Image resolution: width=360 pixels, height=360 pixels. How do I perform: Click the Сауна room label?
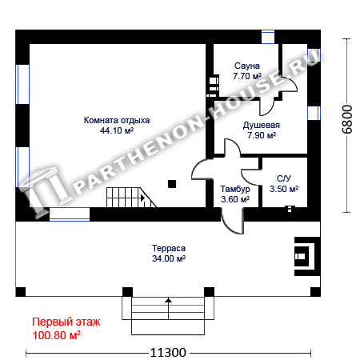247,66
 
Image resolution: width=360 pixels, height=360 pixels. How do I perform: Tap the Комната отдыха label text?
117,120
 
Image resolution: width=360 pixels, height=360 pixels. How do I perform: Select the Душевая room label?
262,125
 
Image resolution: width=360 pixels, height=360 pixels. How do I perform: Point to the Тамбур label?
235,189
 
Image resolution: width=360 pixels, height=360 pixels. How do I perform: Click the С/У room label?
284,178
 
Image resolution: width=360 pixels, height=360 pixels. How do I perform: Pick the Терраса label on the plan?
169,248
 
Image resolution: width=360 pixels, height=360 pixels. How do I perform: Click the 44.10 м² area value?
117,130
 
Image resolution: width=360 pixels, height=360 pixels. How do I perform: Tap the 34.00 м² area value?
169,258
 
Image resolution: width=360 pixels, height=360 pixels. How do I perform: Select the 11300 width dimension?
168,353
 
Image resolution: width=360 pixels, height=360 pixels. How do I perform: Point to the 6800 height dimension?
347,119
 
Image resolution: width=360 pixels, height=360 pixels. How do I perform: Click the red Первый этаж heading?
66,322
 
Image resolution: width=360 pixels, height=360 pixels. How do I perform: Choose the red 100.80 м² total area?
56,335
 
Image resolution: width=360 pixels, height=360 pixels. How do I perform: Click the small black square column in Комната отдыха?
172,184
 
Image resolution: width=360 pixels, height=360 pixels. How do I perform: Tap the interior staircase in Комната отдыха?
130,198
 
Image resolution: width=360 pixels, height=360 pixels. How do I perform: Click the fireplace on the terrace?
307,256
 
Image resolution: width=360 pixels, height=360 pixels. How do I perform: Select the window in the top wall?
268,37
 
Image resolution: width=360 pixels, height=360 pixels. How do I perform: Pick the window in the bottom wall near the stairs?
70,214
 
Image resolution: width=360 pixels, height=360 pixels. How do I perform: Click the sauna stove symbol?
213,86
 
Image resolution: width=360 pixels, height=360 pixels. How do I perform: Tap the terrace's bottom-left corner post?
21,292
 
